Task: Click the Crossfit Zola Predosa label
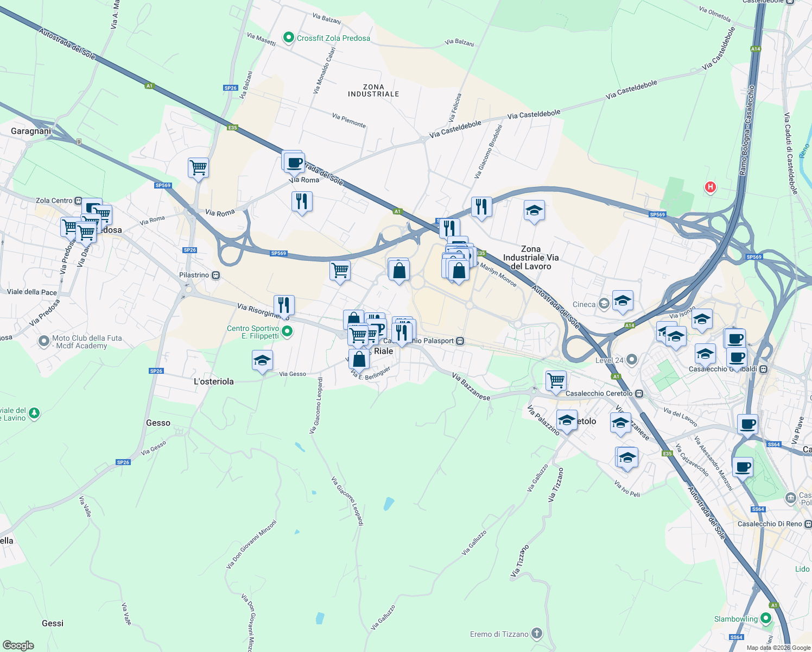[x=333, y=38]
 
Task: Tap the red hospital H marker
[x=710, y=187]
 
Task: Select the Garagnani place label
[x=31, y=131]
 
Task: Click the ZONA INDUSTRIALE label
[x=373, y=90]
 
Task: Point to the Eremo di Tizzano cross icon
[x=537, y=634]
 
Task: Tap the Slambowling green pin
[x=766, y=618]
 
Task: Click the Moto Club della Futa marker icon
[x=44, y=341]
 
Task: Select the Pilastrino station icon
[x=216, y=275]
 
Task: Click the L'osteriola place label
[x=214, y=381]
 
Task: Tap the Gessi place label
[x=53, y=623]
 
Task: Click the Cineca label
[x=584, y=304]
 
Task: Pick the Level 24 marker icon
[x=631, y=360]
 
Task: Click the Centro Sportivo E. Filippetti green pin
[x=288, y=331]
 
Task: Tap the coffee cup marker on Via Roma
[x=294, y=162]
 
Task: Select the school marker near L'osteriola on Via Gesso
[x=263, y=361]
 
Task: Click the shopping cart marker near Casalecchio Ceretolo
[x=556, y=381]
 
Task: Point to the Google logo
[x=18, y=645]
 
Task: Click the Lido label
[x=802, y=569]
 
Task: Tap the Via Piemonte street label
[x=349, y=121]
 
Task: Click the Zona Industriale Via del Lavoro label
[x=531, y=258]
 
